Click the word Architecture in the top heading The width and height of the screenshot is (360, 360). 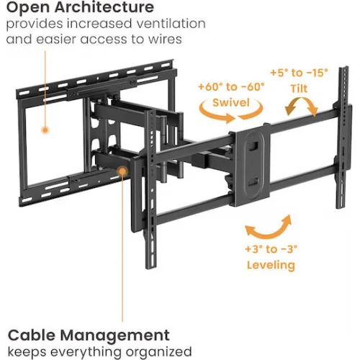104,7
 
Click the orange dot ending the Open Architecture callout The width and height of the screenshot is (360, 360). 45,130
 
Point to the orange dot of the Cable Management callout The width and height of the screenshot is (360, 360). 122,171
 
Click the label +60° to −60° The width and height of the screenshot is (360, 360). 231,86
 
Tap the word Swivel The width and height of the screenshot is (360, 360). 231,102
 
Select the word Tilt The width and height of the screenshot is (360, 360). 299,89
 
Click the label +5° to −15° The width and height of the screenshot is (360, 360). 299,73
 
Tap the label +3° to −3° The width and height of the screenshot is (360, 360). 271,249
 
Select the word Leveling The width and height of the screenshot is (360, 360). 271,265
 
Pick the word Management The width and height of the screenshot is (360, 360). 115,336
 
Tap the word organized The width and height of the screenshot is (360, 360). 158,352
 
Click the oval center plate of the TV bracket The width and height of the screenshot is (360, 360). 253,165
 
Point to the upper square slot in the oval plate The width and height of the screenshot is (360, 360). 253,146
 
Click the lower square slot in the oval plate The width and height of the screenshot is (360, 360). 253,181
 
